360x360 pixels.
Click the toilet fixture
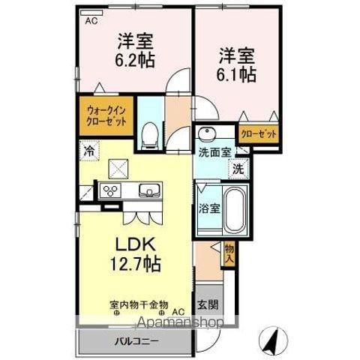click(150, 136)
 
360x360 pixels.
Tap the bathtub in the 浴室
click(234, 209)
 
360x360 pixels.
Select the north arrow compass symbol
click(273, 340)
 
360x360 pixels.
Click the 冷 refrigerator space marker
click(89, 151)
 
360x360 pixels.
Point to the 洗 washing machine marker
click(238, 169)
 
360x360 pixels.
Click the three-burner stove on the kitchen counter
click(110, 191)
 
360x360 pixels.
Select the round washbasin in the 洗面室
click(207, 133)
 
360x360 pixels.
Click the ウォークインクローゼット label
click(106, 116)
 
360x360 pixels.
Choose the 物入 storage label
click(229, 253)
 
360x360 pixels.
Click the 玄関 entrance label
click(208, 304)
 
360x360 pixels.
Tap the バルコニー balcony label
click(136, 341)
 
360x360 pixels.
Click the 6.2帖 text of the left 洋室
click(135, 60)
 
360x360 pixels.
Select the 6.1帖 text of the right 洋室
click(235, 74)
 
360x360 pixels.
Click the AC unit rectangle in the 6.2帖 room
click(91, 13)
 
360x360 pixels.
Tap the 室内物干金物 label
click(139, 305)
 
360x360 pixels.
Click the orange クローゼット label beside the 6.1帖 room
click(259, 134)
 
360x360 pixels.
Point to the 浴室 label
click(209, 208)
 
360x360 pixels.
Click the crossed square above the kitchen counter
click(118, 169)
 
